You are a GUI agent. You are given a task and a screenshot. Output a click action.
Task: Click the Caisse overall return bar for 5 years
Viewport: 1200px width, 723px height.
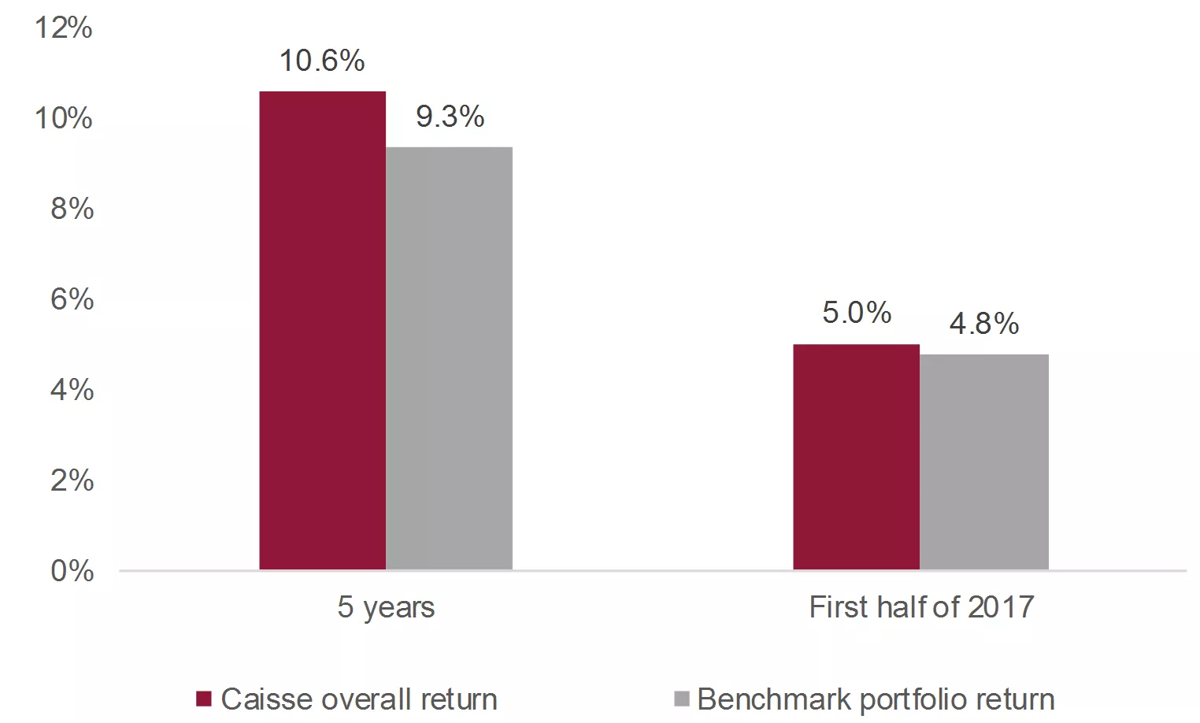click(322, 331)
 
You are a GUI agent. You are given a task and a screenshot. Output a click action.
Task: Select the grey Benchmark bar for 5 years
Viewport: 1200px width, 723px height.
click(449, 358)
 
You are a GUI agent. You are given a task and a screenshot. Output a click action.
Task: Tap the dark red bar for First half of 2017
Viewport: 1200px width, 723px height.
click(856, 457)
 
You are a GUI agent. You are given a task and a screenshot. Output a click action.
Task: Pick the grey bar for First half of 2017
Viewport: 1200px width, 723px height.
click(983, 462)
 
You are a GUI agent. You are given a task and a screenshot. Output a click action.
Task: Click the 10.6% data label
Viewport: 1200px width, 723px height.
click(322, 61)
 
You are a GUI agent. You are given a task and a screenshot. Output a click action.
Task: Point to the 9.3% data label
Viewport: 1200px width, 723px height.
click(450, 117)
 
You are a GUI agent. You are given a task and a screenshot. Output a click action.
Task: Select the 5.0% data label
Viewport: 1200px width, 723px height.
click(857, 313)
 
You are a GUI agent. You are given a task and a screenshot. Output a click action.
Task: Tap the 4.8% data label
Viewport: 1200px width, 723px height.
click(983, 323)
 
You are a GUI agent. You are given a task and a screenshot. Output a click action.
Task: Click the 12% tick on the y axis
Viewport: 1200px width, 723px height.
click(63, 28)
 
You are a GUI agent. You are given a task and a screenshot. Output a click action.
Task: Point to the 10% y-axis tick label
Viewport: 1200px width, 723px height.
click(63, 118)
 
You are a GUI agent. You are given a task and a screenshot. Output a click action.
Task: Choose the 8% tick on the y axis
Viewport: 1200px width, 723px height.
click(72, 209)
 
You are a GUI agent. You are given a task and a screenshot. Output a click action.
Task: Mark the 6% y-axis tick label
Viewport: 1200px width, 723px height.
click(72, 299)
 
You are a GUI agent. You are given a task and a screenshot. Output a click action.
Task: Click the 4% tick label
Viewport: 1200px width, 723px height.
click(72, 390)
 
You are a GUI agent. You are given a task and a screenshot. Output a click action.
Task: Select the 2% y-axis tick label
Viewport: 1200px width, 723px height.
click(72, 480)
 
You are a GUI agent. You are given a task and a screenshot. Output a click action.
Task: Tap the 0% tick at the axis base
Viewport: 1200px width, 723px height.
click(72, 571)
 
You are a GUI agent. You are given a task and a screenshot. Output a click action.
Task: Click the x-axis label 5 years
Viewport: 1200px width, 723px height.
click(386, 607)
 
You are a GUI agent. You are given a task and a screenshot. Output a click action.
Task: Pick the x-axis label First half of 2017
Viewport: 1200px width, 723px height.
click(921, 607)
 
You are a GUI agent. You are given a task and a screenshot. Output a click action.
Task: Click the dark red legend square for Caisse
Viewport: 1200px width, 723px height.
click(204, 699)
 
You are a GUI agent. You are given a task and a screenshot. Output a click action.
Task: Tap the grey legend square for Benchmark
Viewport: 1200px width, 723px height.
click(682, 699)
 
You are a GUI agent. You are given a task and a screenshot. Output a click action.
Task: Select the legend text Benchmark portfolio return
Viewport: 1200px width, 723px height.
click(876, 699)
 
